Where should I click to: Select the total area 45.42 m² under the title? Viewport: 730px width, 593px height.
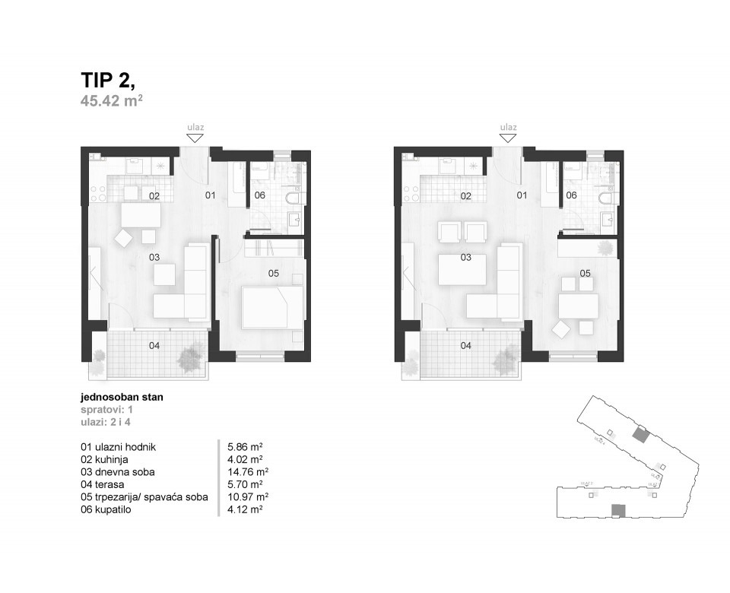coord(112,102)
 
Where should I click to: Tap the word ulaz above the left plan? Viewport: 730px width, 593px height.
coord(195,128)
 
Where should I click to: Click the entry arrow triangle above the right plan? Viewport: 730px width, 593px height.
coord(508,138)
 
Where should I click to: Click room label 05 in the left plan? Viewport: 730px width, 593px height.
coord(274,271)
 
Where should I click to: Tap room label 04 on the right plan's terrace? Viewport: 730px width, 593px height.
coord(466,346)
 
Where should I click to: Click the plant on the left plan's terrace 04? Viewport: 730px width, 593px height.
coord(190,354)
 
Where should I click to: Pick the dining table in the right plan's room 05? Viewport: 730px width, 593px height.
coord(579,306)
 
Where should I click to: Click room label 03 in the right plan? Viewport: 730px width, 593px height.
coord(466,258)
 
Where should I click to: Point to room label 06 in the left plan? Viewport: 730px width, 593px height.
coord(260,195)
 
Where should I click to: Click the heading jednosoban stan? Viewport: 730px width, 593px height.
coord(122,397)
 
